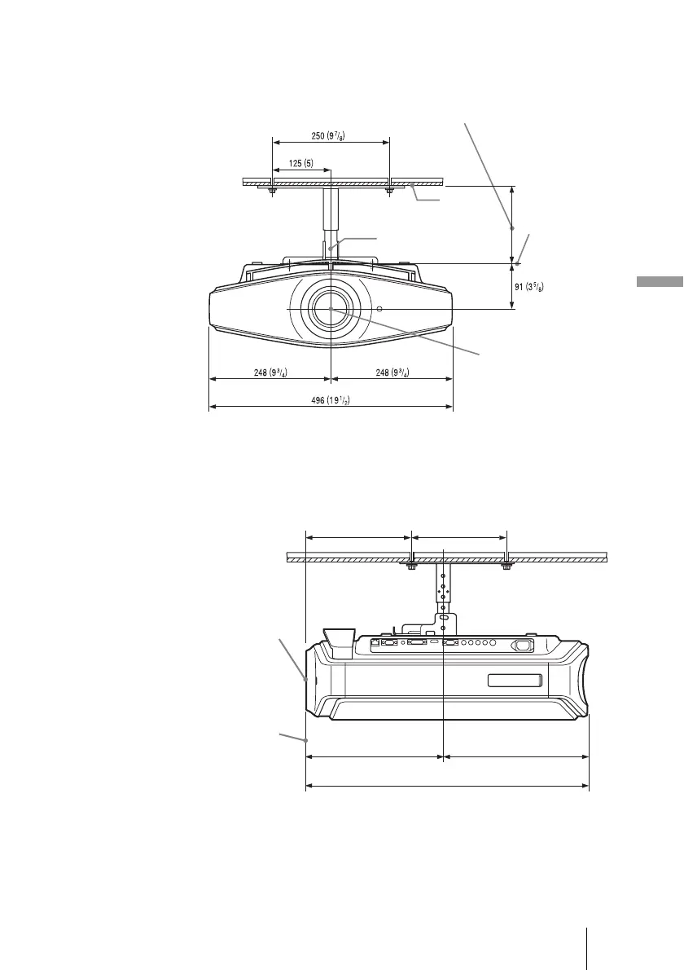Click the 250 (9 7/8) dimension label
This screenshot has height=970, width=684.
point(327,135)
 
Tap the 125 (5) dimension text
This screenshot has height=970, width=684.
point(301,164)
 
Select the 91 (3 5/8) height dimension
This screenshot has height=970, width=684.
point(529,286)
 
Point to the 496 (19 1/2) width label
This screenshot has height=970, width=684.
point(331,400)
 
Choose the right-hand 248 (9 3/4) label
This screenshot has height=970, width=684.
point(392,373)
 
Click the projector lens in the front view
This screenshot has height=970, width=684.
point(331,308)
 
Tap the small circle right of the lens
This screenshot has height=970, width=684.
point(379,309)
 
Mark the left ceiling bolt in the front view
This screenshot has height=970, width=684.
point(273,192)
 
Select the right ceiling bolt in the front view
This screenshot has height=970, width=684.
point(389,192)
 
